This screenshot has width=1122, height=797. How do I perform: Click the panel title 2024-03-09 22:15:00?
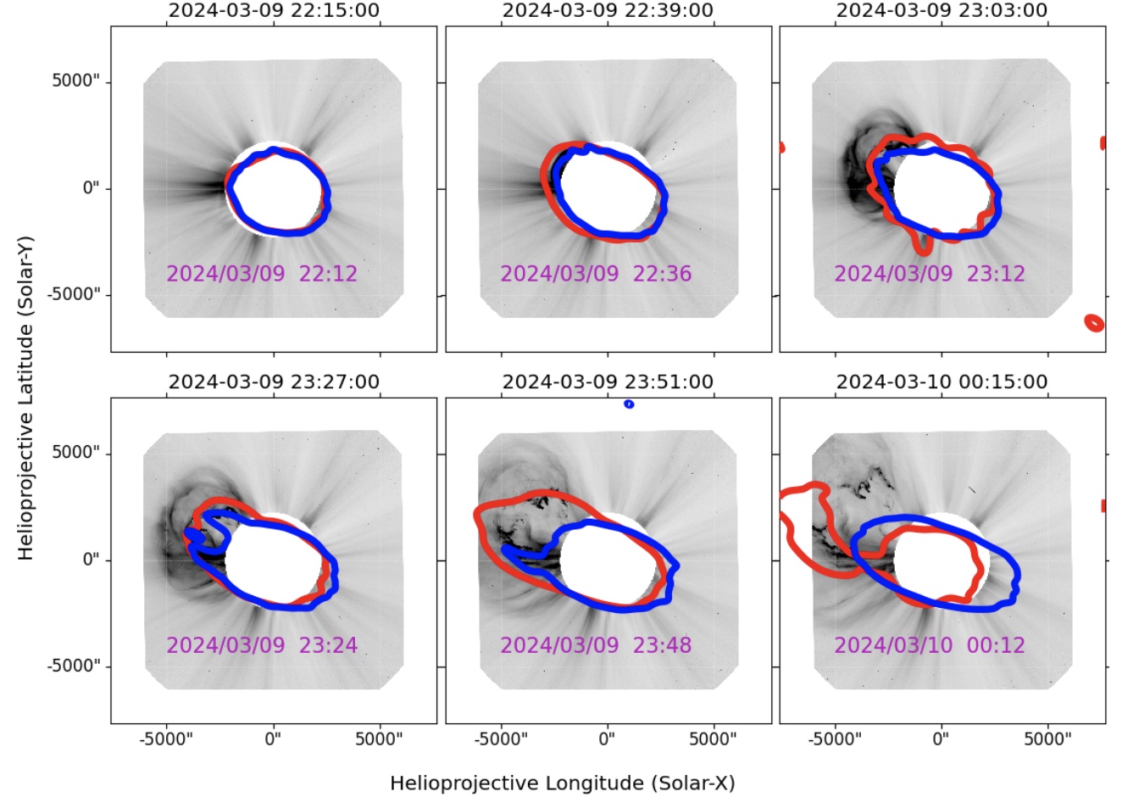pos(274,10)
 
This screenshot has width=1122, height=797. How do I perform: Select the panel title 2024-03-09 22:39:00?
pos(608,10)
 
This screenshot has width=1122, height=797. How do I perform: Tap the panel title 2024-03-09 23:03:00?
pos(941,10)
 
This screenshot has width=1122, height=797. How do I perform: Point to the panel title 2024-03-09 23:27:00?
pos(274,382)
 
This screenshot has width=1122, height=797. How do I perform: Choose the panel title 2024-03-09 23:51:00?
pos(608,382)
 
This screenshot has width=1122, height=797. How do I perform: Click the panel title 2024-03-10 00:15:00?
pos(941,382)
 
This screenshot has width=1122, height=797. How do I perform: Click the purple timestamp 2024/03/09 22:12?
pos(262,274)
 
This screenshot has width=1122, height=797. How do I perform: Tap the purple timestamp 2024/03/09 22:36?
pos(596,274)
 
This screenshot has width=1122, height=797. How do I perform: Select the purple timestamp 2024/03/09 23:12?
pos(930,274)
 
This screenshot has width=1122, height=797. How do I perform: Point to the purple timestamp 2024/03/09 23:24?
pos(262,645)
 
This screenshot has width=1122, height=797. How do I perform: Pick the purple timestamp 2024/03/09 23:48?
pos(596,645)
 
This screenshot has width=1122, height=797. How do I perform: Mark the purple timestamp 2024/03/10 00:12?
pos(930,645)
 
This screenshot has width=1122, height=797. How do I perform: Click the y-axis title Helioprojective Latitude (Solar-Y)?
pos(25,398)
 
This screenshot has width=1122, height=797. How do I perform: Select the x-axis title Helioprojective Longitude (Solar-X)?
pos(563,783)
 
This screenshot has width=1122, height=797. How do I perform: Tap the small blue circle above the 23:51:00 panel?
pos(629,404)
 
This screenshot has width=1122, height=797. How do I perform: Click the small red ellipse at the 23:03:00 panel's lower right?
pos(1094,323)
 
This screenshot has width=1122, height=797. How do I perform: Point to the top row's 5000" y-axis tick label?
pos(75,81)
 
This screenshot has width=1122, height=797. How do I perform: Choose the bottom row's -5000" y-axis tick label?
pos(73,666)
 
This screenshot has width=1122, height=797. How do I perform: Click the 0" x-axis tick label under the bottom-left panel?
pos(274,738)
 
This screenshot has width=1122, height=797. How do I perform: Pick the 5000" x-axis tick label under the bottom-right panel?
pos(1048,738)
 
